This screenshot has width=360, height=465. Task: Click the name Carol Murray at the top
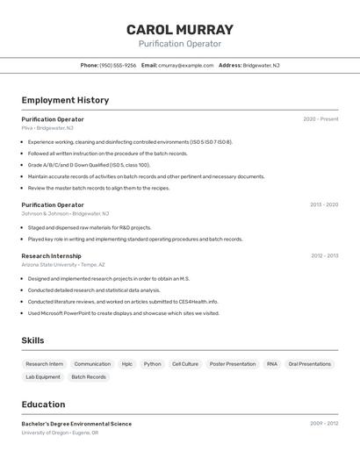(x=180, y=29)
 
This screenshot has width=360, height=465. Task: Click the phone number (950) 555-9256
(x=118, y=65)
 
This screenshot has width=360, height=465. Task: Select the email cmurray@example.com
(x=186, y=65)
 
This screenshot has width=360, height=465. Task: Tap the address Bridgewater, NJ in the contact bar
(x=261, y=65)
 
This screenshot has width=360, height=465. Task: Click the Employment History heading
(x=65, y=100)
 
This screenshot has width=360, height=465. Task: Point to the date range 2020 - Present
(x=320, y=119)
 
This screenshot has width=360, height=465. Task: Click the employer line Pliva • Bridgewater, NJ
(x=47, y=128)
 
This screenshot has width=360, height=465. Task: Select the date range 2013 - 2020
(x=323, y=204)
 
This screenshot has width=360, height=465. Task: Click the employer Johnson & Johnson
(x=45, y=213)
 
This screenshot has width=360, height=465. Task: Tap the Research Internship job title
(x=51, y=255)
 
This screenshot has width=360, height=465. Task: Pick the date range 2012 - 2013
(x=324, y=255)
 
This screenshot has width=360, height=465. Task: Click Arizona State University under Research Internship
(x=49, y=264)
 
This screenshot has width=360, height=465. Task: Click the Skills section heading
(x=32, y=340)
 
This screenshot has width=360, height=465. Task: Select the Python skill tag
(x=152, y=364)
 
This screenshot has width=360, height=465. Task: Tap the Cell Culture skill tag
(x=184, y=364)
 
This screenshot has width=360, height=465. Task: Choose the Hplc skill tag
(x=127, y=364)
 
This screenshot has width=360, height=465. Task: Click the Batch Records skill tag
(x=89, y=377)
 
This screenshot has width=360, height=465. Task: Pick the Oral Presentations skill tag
(x=310, y=364)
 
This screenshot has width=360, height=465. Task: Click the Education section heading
(x=43, y=404)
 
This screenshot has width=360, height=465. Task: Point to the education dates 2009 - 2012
(x=323, y=423)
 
